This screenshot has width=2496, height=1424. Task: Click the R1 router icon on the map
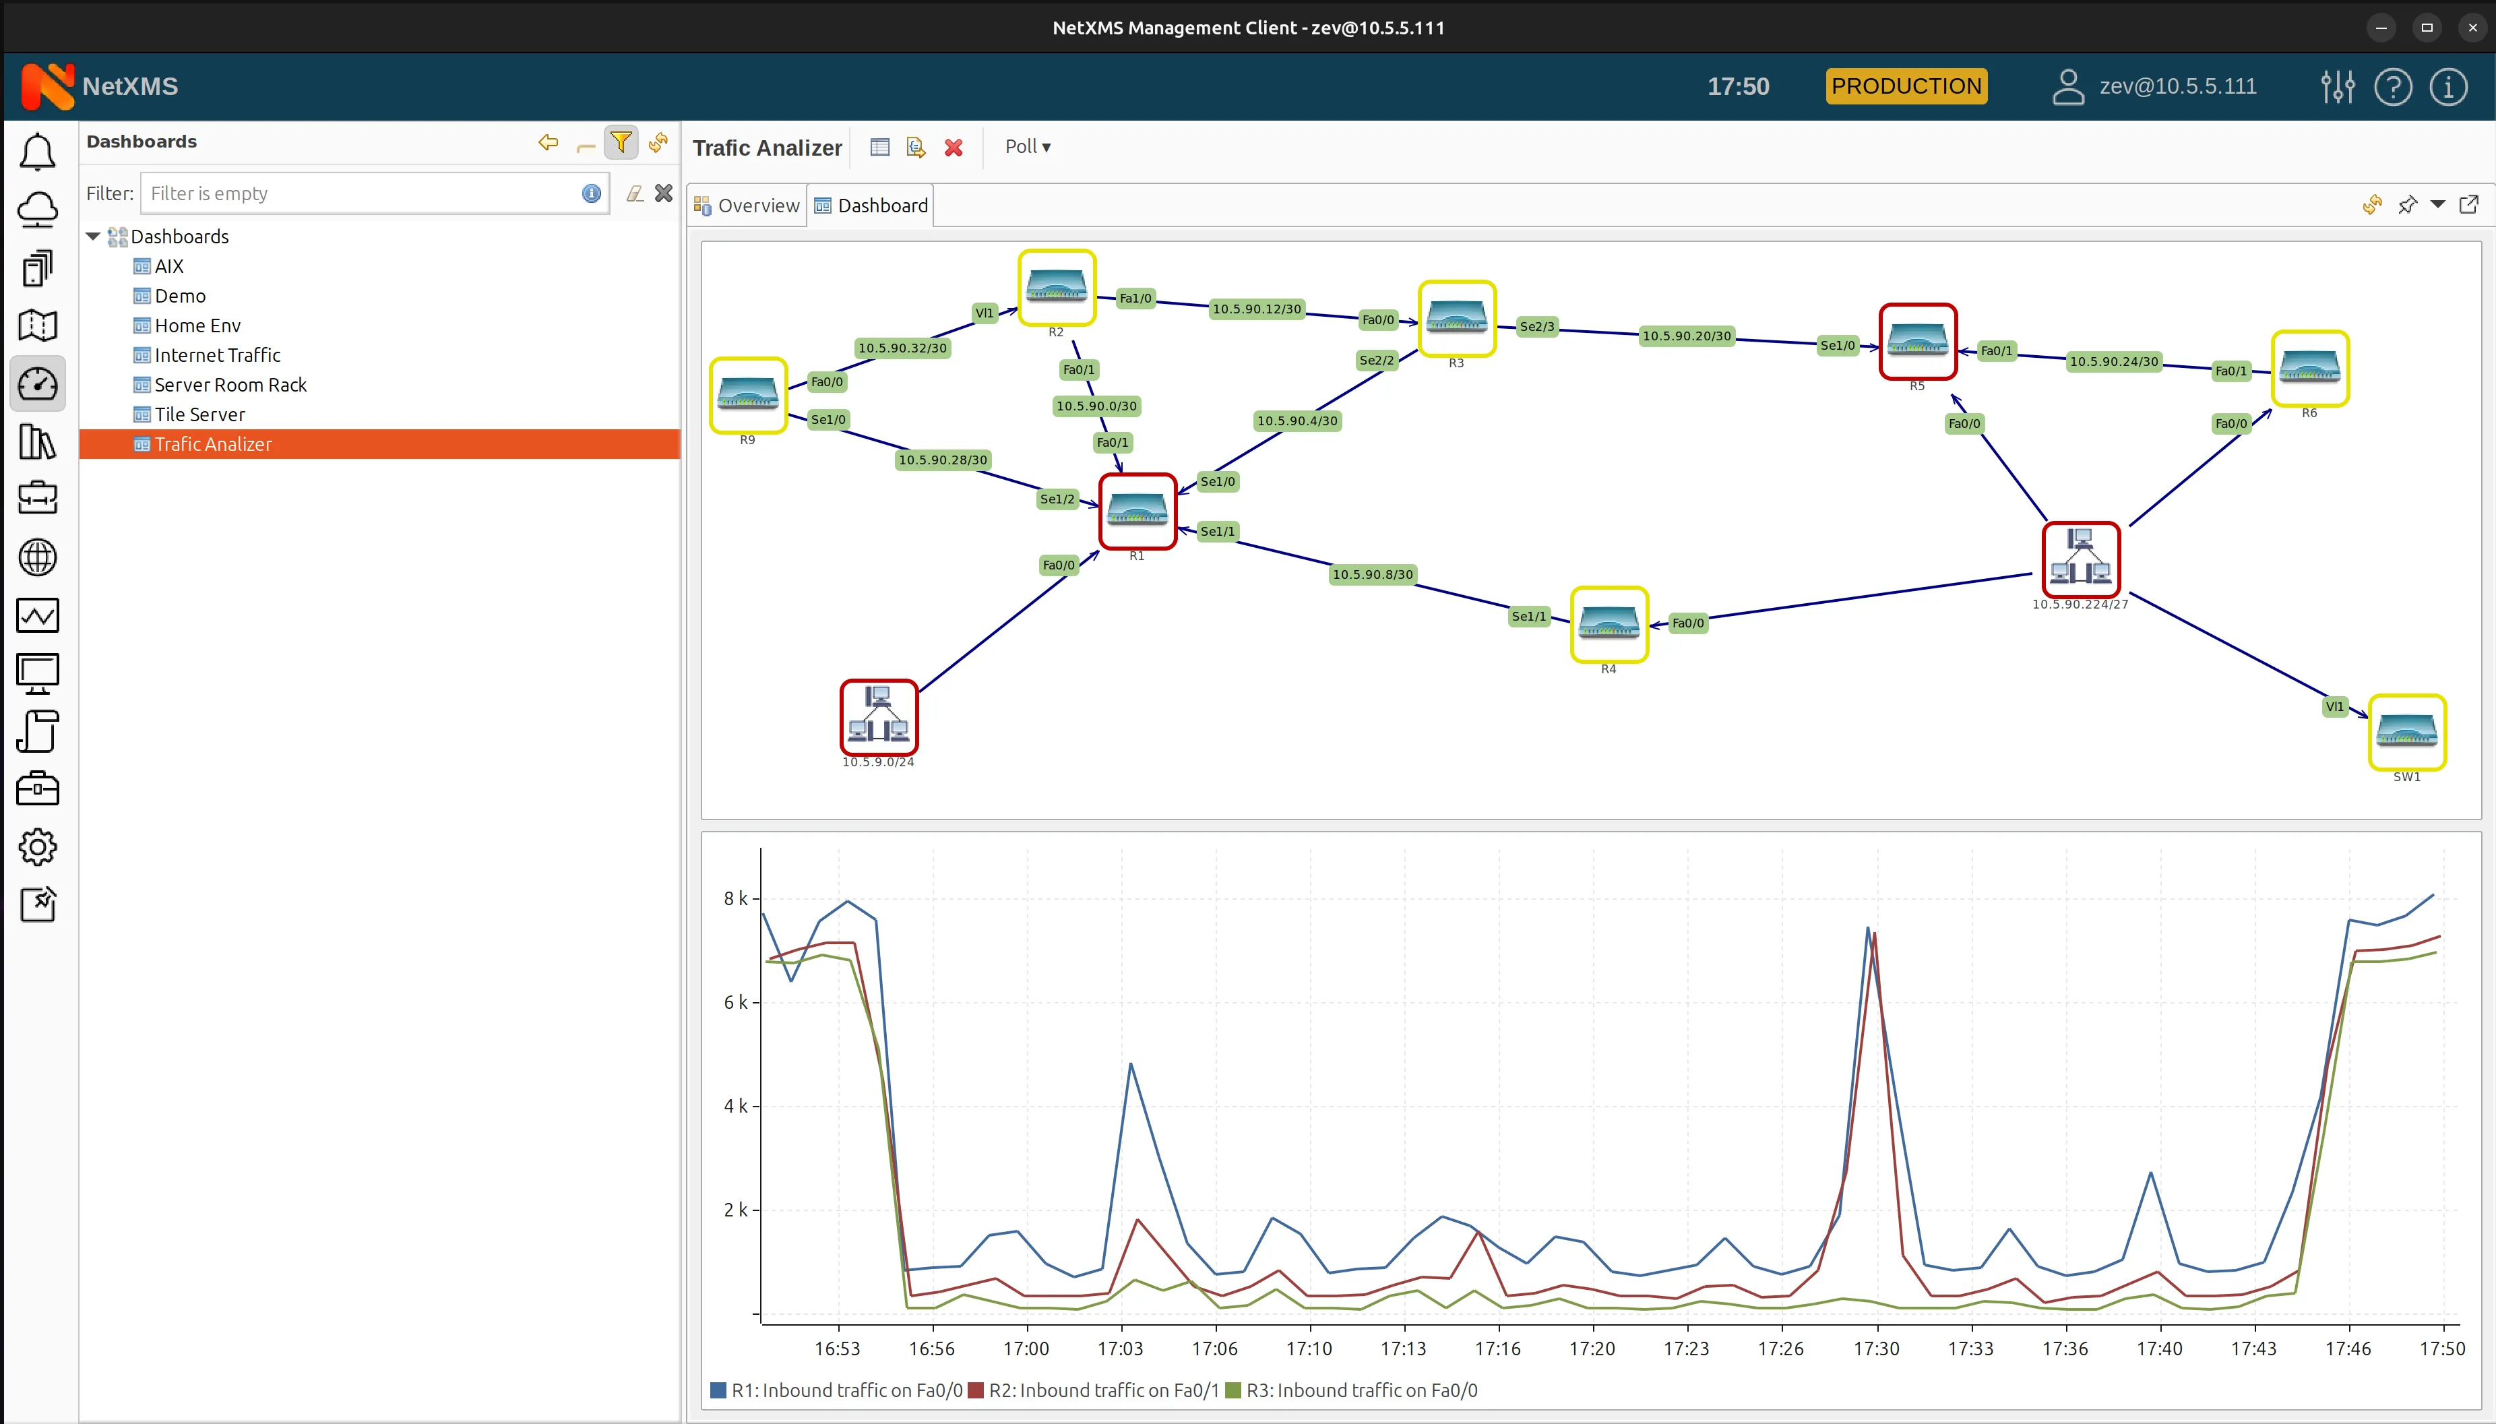click(1137, 511)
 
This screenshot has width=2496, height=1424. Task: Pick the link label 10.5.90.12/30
click(1256, 309)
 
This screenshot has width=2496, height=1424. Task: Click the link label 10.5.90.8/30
click(1372, 574)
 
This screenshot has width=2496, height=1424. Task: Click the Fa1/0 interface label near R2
click(1135, 299)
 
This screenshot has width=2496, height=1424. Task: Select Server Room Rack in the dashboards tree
click(230, 384)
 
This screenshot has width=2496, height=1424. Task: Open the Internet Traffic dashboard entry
click(217, 355)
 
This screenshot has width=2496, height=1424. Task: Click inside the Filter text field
click(362, 193)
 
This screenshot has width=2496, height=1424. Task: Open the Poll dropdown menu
click(1026, 147)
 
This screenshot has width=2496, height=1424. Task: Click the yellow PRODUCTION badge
click(1906, 86)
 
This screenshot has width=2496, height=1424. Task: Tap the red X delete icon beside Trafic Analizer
click(954, 148)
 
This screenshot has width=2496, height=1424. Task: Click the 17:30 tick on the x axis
click(1876, 1348)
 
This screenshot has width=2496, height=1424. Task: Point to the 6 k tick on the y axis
click(735, 1003)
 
